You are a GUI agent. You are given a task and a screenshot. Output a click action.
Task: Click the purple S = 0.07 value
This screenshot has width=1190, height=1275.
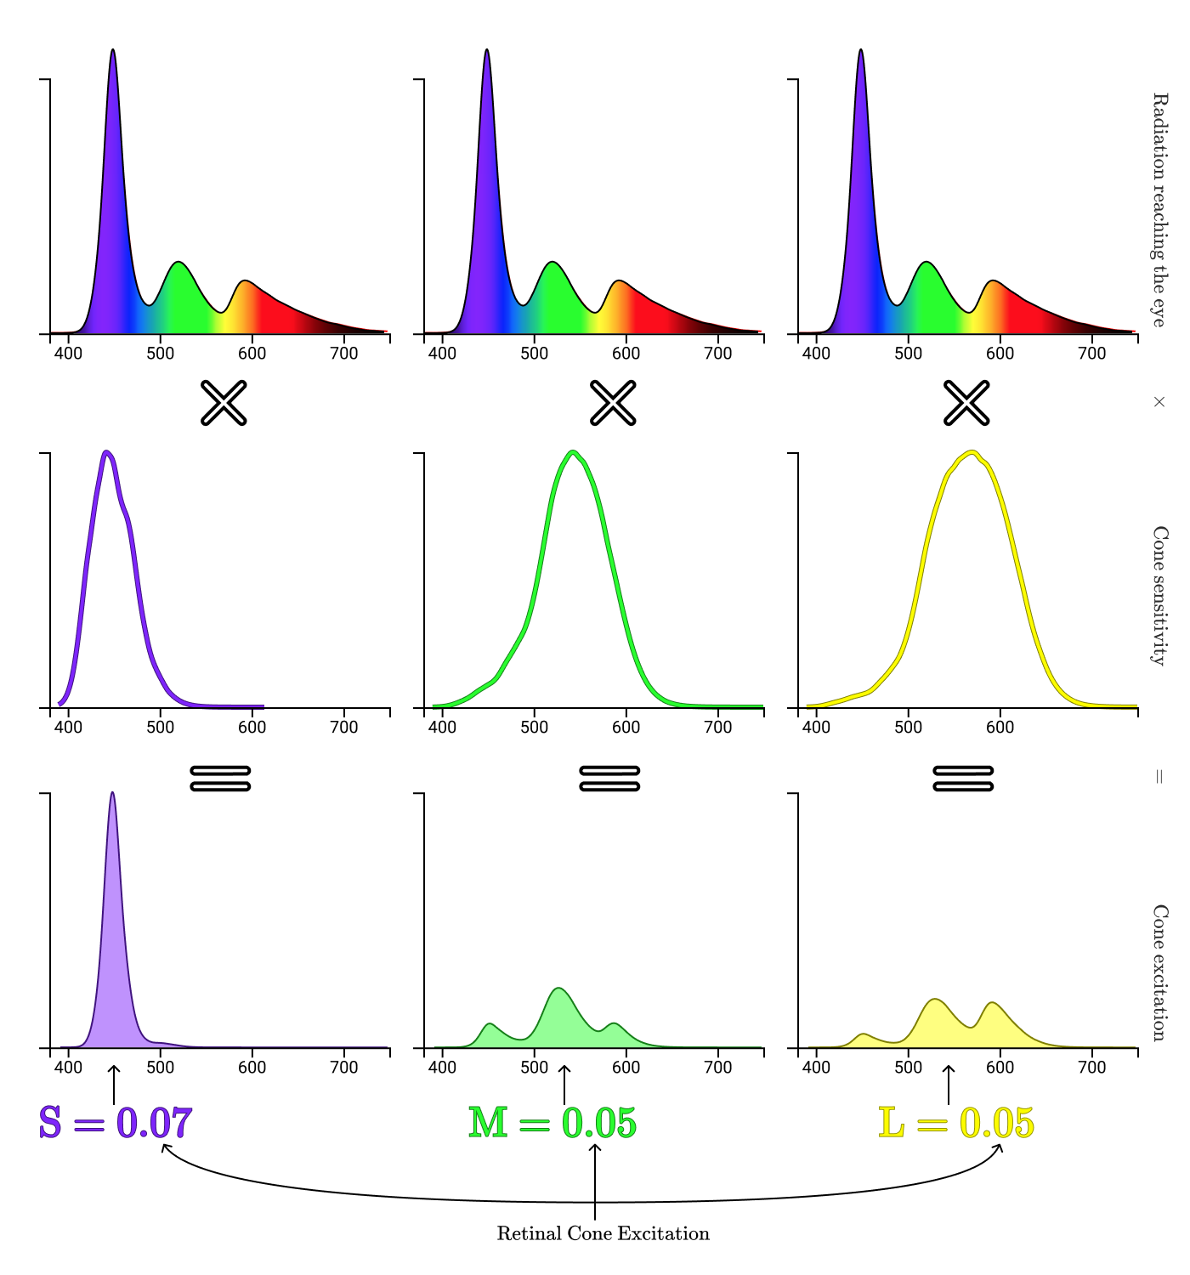[x=116, y=1123]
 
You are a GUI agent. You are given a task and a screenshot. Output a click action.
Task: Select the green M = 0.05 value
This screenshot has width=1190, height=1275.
[x=552, y=1123]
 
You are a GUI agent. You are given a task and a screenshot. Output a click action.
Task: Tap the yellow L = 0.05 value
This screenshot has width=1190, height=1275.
[x=956, y=1123]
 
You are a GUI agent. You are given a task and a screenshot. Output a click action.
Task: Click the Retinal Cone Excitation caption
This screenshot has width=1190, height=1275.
[x=603, y=1233]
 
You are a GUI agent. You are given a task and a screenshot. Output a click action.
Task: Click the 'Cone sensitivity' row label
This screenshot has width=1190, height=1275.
[x=1159, y=595]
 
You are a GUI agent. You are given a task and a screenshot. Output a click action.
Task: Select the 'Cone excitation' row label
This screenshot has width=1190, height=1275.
[x=1159, y=972]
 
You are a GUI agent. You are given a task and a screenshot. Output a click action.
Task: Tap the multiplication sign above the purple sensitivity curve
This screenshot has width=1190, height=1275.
[x=224, y=403]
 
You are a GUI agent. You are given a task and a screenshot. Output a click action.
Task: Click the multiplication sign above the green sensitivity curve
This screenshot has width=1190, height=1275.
[x=613, y=403]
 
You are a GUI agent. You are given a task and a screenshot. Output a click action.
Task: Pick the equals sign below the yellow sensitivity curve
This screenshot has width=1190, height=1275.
[x=963, y=778]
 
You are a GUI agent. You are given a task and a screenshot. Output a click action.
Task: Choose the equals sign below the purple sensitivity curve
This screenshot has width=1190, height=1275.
[x=220, y=778]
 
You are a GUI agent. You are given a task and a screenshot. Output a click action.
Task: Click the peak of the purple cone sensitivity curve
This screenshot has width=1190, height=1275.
[x=106, y=452]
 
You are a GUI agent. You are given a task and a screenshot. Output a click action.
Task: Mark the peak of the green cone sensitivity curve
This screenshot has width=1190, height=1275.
[x=574, y=452]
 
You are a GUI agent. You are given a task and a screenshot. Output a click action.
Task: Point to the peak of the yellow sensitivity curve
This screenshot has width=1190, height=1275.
[x=972, y=452]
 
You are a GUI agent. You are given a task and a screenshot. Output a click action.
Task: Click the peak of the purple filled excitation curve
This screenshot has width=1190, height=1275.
[x=112, y=794]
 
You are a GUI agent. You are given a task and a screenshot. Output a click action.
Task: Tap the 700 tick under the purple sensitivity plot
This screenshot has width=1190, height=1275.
[x=343, y=727]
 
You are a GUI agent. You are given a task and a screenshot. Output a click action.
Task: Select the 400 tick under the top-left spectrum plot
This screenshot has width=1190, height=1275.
[x=68, y=353]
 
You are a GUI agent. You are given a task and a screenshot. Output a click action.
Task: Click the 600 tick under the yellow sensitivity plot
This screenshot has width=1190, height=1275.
[x=1000, y=727]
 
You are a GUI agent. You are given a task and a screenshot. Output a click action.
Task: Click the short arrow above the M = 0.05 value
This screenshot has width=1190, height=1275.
[x=564, y=1085]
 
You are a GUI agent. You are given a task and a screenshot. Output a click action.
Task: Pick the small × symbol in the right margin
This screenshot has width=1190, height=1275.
[x=1159, y=402]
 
